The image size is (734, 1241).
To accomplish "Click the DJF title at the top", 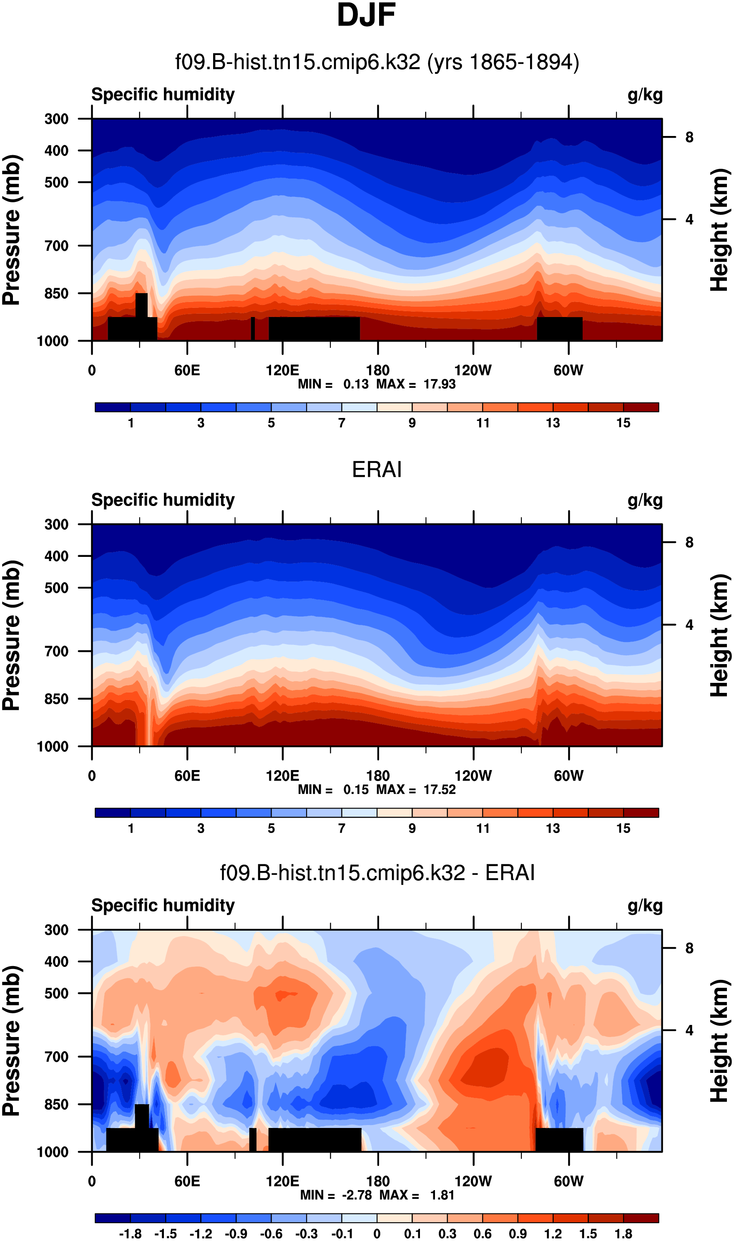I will [366, 15].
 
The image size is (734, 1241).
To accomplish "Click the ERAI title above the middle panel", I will [377, 469].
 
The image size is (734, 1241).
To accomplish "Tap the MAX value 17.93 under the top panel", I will [439, 384].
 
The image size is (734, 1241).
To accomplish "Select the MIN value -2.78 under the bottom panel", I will [357, 1195].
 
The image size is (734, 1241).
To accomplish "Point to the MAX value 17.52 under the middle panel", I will [439, 789].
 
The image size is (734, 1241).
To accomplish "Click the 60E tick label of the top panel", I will [187, 370].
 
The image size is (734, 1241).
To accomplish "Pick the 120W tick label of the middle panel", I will [473, 775].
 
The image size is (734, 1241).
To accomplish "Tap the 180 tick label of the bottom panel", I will [377, 1181].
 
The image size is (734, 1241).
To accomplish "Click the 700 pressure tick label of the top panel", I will [56, 246].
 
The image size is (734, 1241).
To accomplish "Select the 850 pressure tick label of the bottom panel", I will [56, 1105].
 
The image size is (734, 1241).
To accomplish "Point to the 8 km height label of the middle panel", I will [689, 543].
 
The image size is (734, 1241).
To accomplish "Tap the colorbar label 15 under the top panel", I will [623, 423].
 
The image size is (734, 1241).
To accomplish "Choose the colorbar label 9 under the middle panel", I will [412, 828].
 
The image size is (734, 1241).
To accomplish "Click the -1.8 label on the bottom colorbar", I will [130, 1234].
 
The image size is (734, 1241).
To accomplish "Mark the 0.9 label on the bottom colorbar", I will [518, 1234].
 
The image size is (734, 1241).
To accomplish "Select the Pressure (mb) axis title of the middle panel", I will [12, 636].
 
